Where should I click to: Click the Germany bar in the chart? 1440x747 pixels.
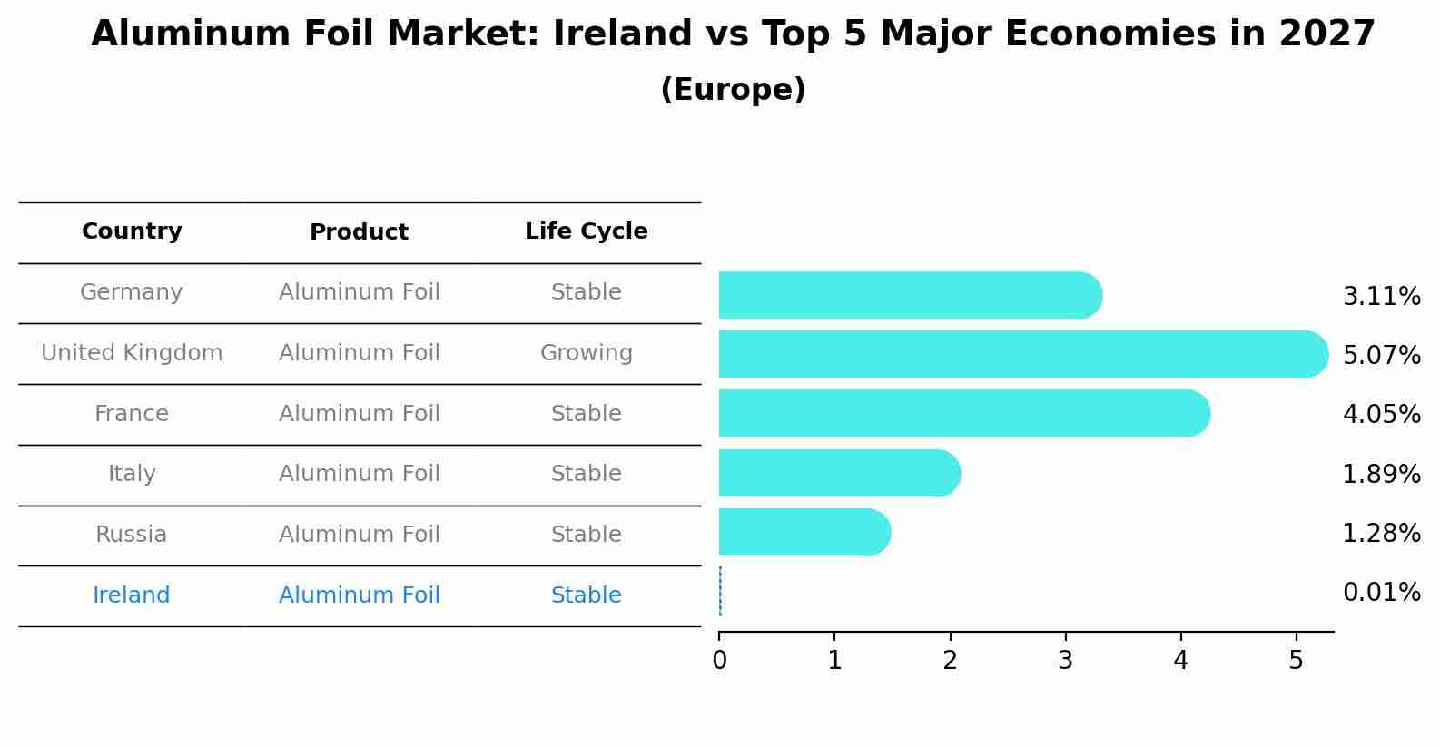908,295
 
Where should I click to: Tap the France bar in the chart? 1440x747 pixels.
962,413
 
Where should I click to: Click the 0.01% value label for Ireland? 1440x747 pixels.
1381,593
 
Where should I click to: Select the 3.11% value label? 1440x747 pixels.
1381,297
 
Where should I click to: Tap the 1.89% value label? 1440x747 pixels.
1381,474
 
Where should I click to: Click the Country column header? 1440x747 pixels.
132,231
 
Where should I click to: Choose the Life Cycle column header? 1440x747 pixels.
586,231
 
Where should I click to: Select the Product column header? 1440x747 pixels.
359,232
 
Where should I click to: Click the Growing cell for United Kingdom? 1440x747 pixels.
586,353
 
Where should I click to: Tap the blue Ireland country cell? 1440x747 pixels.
132,595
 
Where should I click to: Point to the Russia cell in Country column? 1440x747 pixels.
132,535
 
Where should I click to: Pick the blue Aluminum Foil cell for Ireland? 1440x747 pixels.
359,595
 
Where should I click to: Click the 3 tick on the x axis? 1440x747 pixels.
1065,660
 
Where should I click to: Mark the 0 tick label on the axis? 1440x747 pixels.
719,660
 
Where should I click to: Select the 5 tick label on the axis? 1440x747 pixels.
1296,660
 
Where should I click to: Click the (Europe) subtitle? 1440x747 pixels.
733,90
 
